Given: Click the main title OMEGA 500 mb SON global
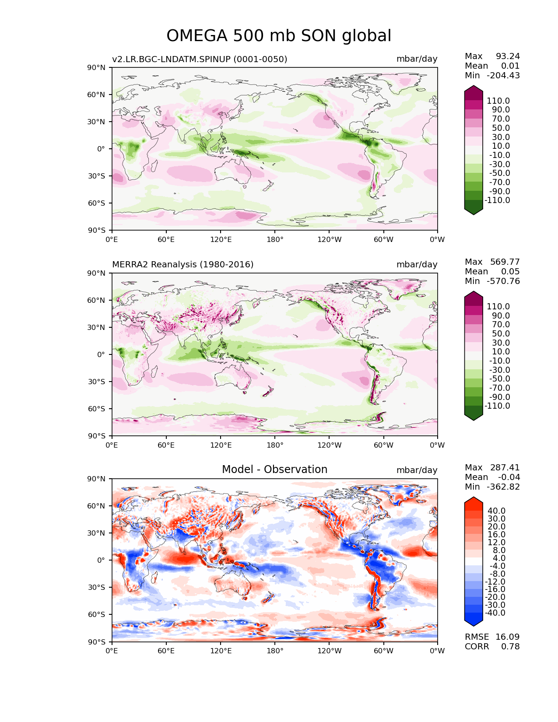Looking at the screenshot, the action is [278, 35].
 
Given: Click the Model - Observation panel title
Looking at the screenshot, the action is [274, 469].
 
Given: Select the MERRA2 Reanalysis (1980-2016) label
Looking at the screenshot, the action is [182, 264].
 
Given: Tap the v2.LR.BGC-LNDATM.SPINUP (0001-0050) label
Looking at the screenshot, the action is [200, 59].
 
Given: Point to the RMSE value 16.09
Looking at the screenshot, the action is [507, 637].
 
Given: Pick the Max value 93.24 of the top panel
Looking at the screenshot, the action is [508, 56].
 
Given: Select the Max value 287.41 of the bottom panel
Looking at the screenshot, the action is [505, 467].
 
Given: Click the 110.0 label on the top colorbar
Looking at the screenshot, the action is [498, 101].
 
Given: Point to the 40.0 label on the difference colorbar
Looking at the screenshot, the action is [497, 511].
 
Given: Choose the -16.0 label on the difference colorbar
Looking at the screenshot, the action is [495, 589].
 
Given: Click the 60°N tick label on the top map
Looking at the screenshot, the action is [96, 95].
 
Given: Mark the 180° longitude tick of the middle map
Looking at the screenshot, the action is [275, 445].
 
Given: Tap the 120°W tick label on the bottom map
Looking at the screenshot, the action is [329, 651].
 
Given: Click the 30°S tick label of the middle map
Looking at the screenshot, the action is [96, 382].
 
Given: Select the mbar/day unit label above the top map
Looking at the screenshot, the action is [417, 59].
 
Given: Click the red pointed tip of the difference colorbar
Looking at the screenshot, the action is [473, 498].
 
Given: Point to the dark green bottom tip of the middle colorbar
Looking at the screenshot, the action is [473, 420].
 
